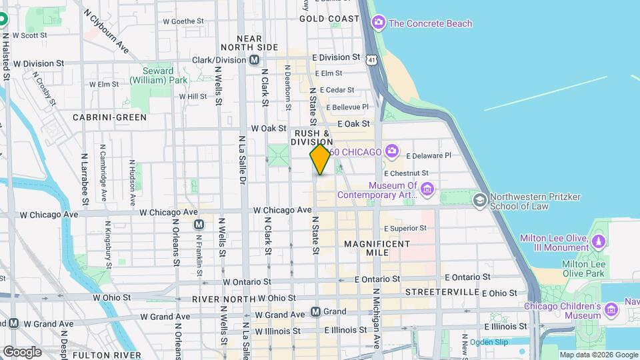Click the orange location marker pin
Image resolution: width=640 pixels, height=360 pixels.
(x=321, y=159)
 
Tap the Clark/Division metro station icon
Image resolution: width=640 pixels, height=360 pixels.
(x=255, y=60)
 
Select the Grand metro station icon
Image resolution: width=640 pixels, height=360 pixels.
(x=316, y=311)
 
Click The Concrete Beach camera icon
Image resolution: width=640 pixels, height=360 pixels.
(x=379, y=23)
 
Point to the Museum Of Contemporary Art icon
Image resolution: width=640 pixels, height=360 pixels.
(x=427, y=193)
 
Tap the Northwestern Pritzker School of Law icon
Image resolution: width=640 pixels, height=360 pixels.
(x=479, y=200)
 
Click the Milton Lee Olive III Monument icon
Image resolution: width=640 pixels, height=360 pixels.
(x=599, y=241)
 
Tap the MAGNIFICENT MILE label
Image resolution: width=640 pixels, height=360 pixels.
(x=377, y=249)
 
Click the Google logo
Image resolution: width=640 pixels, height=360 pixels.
(x=22, y=352)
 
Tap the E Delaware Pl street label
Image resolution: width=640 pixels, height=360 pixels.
(x=427, y=155)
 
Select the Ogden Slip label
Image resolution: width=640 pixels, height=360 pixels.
(x=489, y=342)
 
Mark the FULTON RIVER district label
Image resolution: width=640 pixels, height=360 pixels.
(x=107, y=355)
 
